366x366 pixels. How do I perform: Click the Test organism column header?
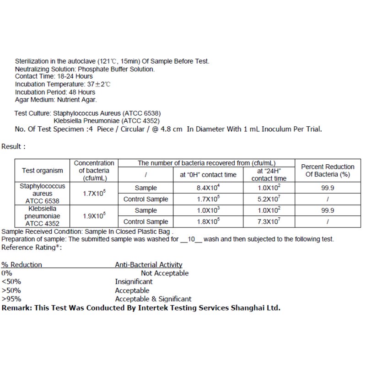pyautogui.click(x=43, y=171)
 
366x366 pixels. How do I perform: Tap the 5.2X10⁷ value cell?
pyautogui.click(x=269, y=199)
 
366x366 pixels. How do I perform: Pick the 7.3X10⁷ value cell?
pyautogui.click(x=269, y=222)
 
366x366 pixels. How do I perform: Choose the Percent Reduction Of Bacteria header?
pyautogui.click(x=328, y=171)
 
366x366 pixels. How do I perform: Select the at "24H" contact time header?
pyautogui.click(x=269, y=175)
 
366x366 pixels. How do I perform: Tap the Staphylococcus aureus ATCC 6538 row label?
pyautogui.click(x=43, y=194)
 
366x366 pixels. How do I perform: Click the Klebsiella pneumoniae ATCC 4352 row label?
pyautogui.click(x=43, y=216)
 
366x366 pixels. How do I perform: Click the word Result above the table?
pyautogui.click(x=12, y=146)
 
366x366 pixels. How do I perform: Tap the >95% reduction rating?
pyautogui.click(x=11, y=299)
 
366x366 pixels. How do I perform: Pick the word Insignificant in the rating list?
pyautogui.click(x=134, y=282)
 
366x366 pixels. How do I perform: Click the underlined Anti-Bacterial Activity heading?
pyautogui.click(x=149, y=265)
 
